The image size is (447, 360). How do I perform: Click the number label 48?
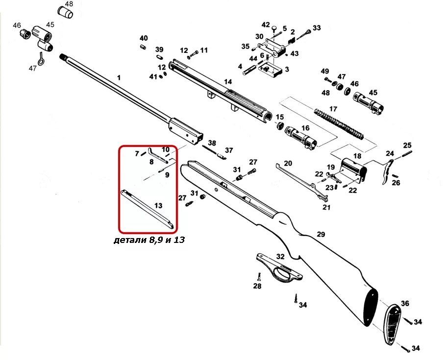tap(69, 4)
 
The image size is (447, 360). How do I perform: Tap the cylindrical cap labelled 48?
tap(65, 12)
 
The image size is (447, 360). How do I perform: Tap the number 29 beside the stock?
tap(321, 235)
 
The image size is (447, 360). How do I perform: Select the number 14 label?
tap(228, 82)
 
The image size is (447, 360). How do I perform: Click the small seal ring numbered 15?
tap(280, 127)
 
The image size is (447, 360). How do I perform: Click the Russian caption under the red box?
tap(149, 240)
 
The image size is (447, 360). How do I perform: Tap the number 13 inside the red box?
tap(158, 205)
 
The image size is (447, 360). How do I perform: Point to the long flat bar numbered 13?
tap(147, 209)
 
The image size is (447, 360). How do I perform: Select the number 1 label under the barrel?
tap(118, 77)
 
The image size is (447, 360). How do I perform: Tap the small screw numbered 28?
tap(257, 276)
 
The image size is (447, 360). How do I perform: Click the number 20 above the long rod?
tap(288, 163)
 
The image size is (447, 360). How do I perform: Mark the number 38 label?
tap(212, 143)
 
